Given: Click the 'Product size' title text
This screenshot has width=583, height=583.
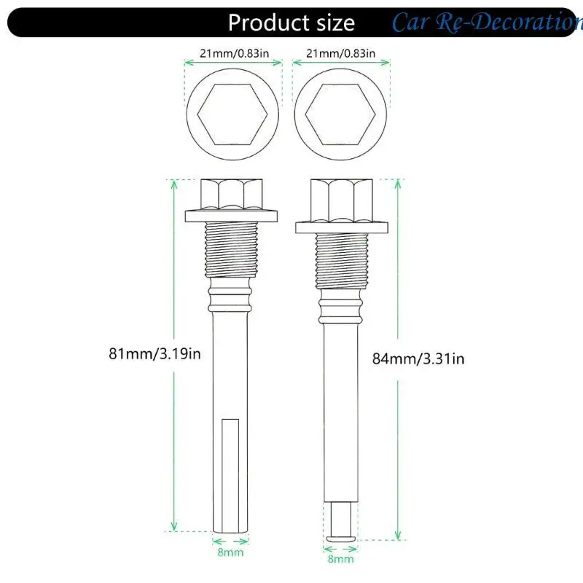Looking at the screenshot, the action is click(x=291, y=23).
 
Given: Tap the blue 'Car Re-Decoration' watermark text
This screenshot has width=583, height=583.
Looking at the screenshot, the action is click(x=487, y=22).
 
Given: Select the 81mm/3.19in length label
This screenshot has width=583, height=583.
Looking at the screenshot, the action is click(x=154, y=353).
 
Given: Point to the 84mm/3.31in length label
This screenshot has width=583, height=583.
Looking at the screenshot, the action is click(x=418, y=359).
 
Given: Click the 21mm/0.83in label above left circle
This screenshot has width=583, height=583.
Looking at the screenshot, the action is click(x=234, y=53).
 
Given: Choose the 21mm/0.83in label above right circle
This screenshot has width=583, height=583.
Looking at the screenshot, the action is click(x=341, y=53).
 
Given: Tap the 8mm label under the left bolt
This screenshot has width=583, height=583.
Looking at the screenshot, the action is click(x=230, y=552).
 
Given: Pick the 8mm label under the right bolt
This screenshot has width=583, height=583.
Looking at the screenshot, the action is click(x=340, y=558).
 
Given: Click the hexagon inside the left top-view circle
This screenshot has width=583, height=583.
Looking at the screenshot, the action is click(x=232, y=114).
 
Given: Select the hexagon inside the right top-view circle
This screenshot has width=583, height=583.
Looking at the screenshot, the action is click(x=340, y=114).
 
